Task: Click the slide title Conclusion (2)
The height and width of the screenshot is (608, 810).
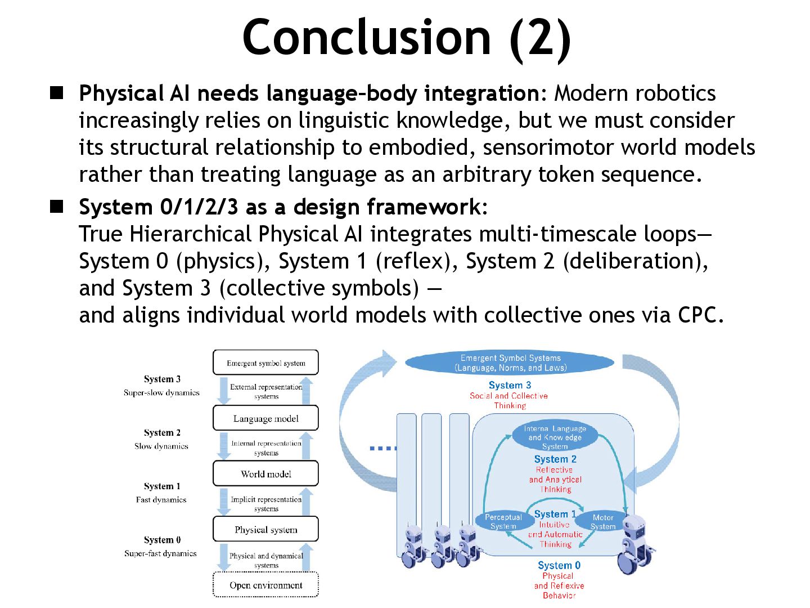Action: point(406,37)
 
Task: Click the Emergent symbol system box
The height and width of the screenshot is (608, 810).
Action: point(265,363)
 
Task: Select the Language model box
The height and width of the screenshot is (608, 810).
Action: point(265,418)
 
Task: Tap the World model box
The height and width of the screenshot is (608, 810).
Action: point(265,473)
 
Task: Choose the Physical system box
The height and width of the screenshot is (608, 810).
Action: point(265,529)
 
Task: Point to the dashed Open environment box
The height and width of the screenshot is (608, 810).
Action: point(265,585)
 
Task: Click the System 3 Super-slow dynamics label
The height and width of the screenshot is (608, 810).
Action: point(162,386)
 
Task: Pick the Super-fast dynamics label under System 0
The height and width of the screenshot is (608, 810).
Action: point(160,553)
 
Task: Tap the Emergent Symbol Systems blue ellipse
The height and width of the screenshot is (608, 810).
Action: point(510,363)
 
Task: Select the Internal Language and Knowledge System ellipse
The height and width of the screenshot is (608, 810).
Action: point(555,436)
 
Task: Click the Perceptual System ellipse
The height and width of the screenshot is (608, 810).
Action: point(503,521)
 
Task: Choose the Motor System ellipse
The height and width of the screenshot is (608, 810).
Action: point(602,521)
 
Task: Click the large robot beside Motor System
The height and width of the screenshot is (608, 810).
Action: point(636,543)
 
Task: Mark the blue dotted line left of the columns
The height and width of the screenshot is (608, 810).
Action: point(382,448)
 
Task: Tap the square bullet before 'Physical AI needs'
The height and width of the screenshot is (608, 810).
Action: point(56,93)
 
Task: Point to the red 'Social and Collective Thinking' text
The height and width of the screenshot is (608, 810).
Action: point(509,400)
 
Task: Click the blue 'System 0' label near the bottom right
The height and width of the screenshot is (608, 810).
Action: point(559,565)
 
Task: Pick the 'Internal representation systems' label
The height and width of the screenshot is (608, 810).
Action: point(266,448)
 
